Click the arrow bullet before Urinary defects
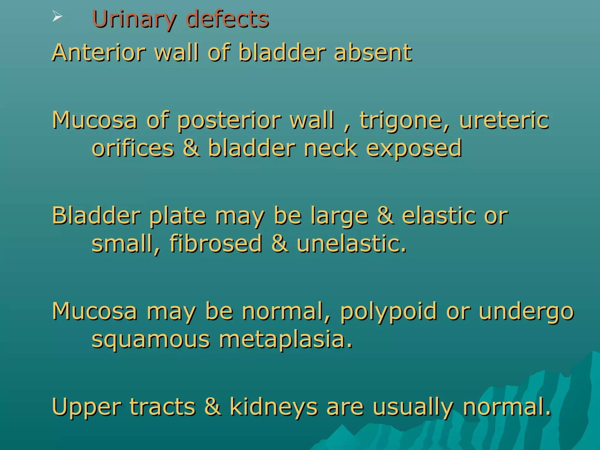pos(57,17)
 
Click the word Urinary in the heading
pos(134,19)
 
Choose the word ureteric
pos(504,120)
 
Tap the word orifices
pos(133,148)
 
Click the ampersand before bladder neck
pos(191,148)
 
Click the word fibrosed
pos(216,243)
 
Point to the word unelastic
pos(352,243)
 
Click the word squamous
pos(151,340)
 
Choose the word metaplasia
pos(286,340)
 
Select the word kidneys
pos(274,408)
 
